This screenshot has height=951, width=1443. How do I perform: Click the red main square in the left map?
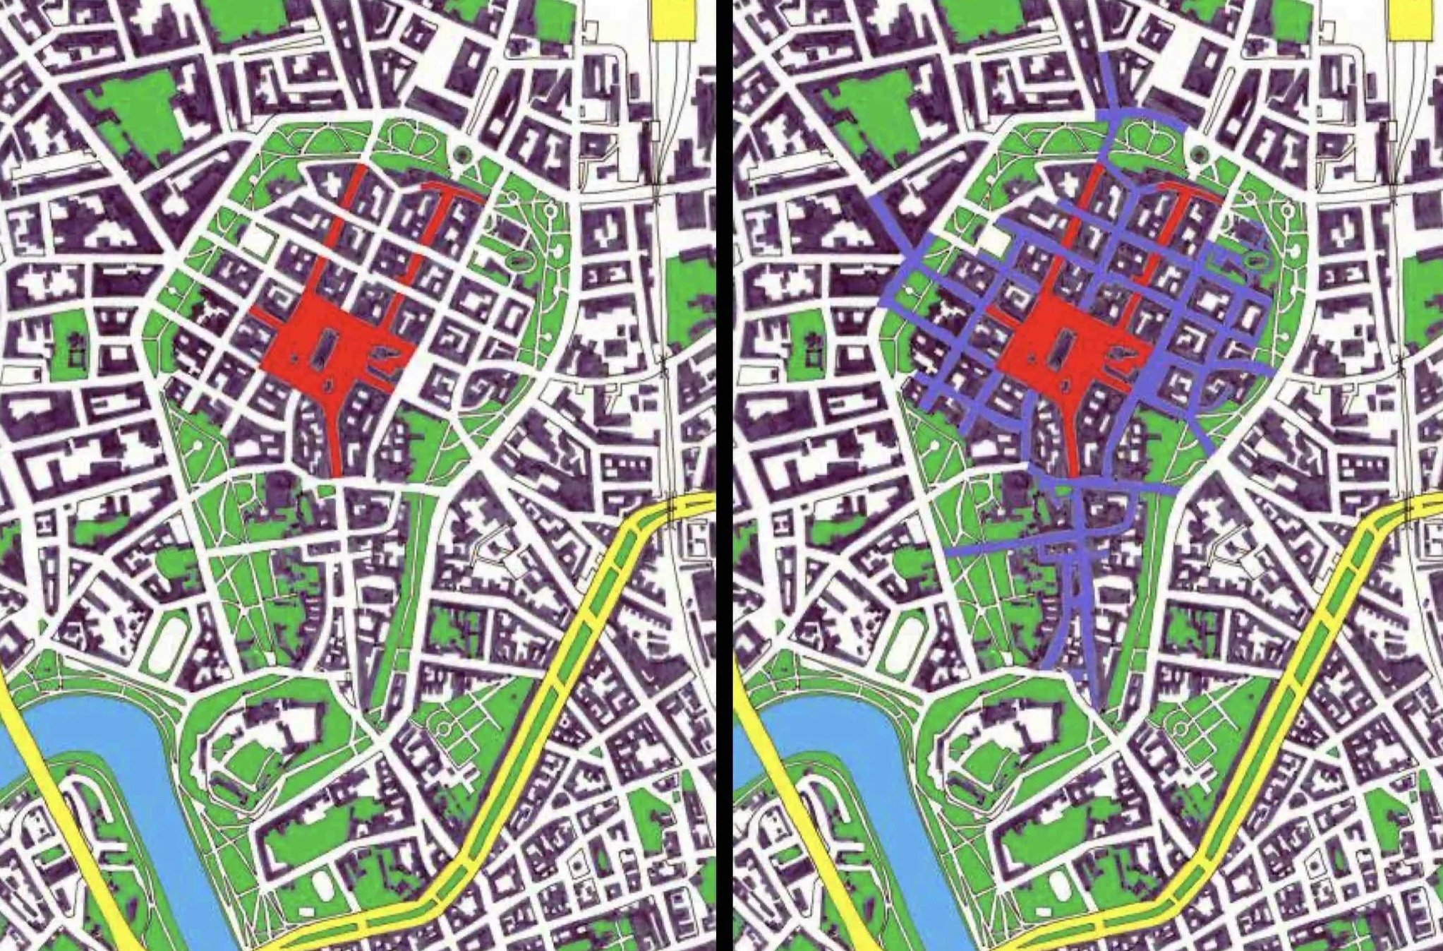pyautogui.click(x=296, y=353)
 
